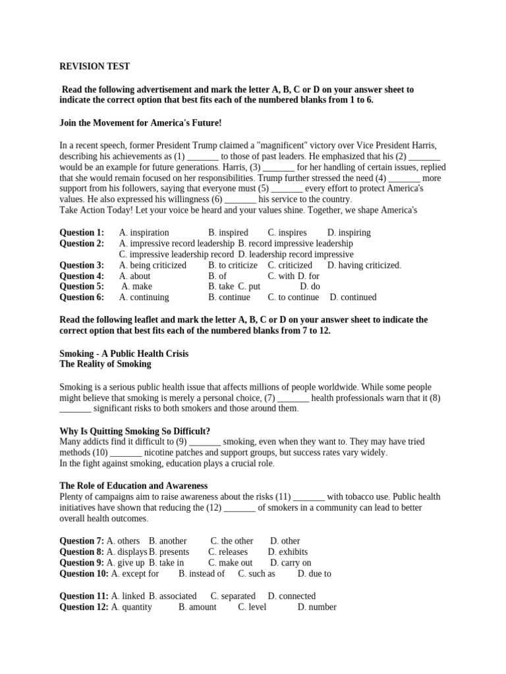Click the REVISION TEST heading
(x=95, y=66)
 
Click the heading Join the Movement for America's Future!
(x=140, y=122)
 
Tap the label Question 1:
(x=82, y=232)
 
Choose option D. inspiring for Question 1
(x=349, y=232)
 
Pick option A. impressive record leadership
(x=177, y=244)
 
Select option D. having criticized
(x=364, y=265)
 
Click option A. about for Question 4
(x=134, y=276)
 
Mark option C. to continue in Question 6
(x=293, y=298)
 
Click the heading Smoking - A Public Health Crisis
(x=125, y=353)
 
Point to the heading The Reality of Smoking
(x=105, y=364)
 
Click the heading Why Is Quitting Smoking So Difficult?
(x=135, y=431)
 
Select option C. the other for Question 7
(x=232, y=541)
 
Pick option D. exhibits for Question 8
(x=288, y=552)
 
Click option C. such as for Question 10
(x=257, y=574)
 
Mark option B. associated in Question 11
(x=173, y=596)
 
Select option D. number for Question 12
(x=317, y=607)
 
